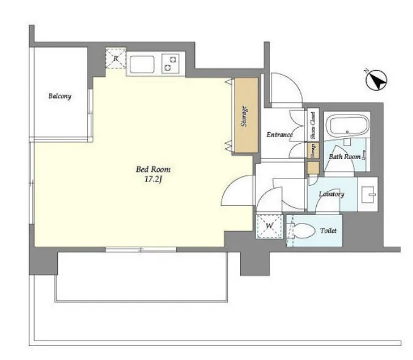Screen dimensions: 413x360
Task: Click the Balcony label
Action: (60, 96)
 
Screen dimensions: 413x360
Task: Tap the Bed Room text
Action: (153, 169)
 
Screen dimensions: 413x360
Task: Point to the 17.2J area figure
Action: (153, 180)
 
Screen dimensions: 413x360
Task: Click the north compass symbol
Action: (376, 80)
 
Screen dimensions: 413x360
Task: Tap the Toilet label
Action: (328, 230)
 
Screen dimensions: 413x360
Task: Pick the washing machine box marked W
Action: (269, 226)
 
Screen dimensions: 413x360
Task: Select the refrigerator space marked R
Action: (116, 58)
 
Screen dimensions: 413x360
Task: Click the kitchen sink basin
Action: (142, 64)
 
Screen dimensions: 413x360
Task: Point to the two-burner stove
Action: (170, 63)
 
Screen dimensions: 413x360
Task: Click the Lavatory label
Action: (331, 194)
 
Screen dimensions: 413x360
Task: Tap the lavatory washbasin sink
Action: (368, 194)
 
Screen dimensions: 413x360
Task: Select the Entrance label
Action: (280, 135)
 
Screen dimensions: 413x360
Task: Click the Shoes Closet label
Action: (313, 125)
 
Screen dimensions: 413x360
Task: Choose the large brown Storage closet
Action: (246, 115)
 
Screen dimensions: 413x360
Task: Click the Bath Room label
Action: (345, 157)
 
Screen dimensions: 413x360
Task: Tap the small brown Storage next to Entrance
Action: (313, 151)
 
